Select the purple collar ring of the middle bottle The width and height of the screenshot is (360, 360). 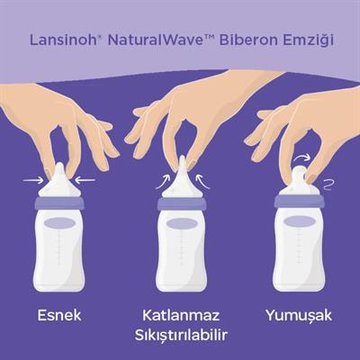[x=181, y=203]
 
